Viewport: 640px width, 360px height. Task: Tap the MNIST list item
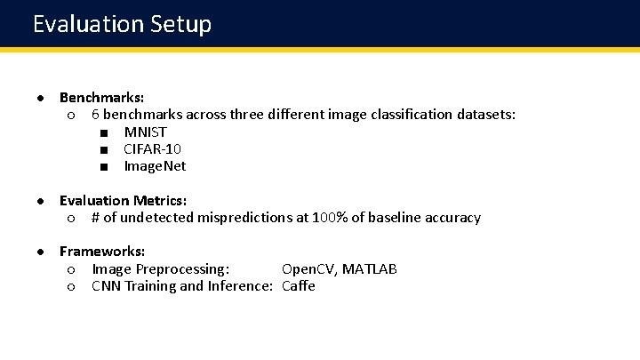(x=145, y=132)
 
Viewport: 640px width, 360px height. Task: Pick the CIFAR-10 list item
(x=152, y=149)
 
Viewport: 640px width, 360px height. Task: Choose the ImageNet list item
(x=155, y=166)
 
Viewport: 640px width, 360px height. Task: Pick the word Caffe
(x=299, y=286)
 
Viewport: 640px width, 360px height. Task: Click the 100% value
(x=330, y=218)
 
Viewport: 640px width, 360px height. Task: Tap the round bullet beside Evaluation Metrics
(x=41, y=201)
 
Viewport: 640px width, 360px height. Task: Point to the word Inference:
(x=239, y=286)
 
